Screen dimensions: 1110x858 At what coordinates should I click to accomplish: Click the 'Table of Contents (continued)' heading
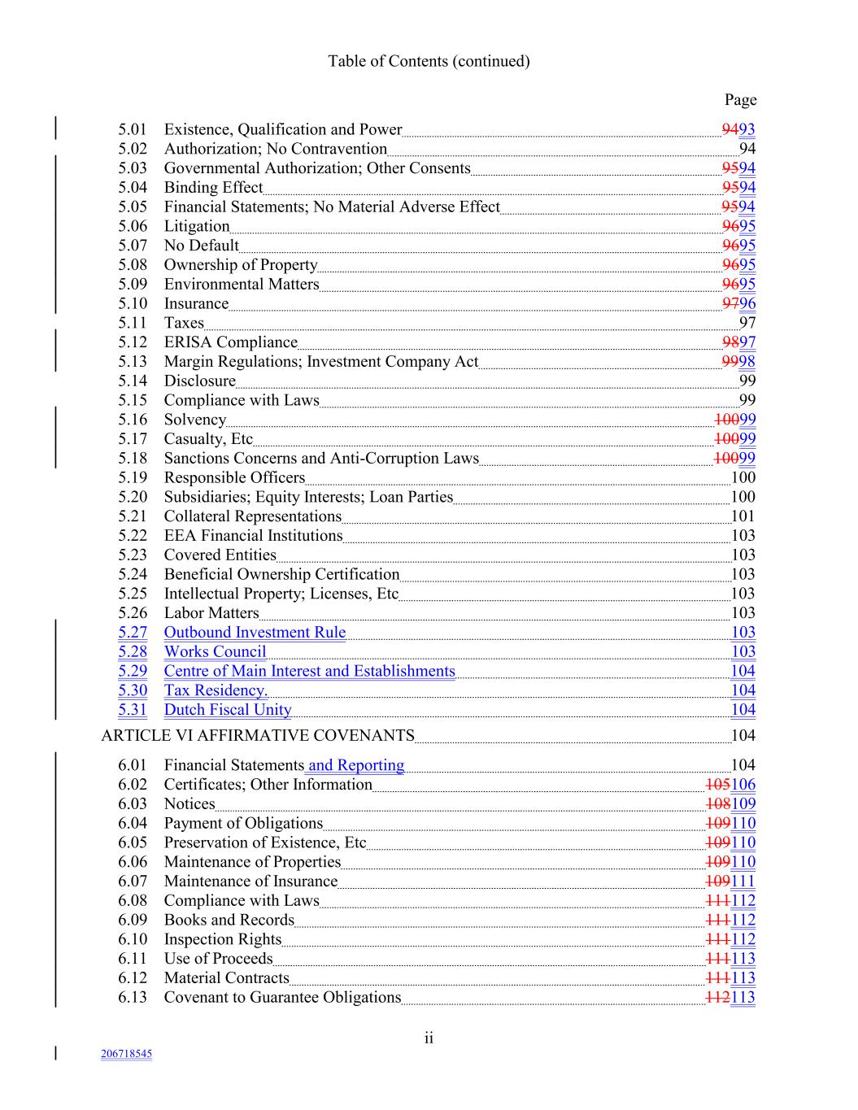pos(429,61)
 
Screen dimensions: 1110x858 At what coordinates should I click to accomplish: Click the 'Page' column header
pos(740,100)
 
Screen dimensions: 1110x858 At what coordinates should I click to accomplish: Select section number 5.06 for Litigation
pos(133,226)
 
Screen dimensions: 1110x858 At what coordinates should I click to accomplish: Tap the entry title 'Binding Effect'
pos(213,188)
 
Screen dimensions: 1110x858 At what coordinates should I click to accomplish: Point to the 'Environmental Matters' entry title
pos(242,285)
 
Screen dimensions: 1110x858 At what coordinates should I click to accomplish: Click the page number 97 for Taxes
pos(747,323)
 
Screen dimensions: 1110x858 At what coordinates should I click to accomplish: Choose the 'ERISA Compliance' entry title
pos(230,342)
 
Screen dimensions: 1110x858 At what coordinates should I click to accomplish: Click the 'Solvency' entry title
pos(194,420)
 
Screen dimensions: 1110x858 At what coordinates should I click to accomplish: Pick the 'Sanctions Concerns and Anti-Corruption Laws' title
pos(321,459)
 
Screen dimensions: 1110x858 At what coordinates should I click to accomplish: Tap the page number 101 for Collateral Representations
pos(743,516)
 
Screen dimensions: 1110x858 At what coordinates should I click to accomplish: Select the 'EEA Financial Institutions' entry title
pos(253,536)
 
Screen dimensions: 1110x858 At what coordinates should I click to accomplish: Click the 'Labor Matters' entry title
pos(211,613)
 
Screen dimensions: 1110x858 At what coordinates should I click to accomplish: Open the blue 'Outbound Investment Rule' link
pos(255,633)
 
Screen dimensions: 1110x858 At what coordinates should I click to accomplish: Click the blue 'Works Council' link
pos(215,652)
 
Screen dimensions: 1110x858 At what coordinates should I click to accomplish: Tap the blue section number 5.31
pos(133,710)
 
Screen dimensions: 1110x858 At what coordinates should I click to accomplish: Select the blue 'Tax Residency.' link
pos(216,690)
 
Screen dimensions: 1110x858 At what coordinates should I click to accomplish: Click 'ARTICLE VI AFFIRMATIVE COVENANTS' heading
pos(258,736)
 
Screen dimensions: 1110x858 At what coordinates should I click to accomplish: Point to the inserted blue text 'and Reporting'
pos(356,765)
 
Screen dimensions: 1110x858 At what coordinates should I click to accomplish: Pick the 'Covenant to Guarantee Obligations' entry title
pos(282,998)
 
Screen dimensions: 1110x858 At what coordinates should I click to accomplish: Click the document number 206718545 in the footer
pos(126,1054)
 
